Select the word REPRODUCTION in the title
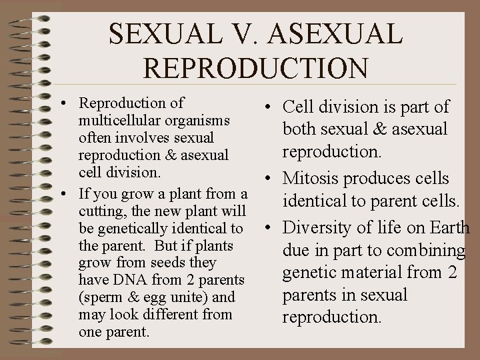[256, 68]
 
